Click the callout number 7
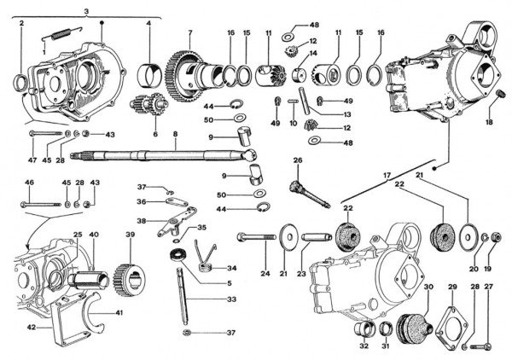tap(190, 32)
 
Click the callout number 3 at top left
tap(87, 9)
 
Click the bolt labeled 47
tap(47, 135)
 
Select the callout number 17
tap(386, 175)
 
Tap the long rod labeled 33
tap(186, 294)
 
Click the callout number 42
tap(31, 327)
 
